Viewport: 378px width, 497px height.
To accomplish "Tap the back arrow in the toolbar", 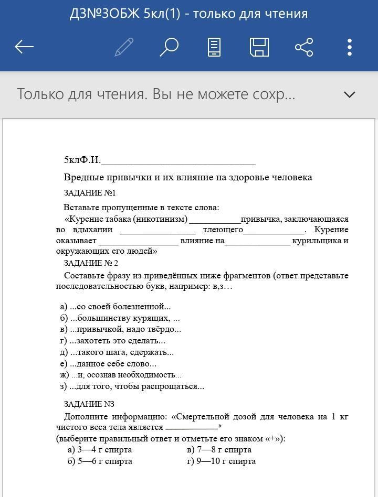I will tap(24, 47).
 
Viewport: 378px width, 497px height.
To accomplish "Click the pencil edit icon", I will tap(124, 47).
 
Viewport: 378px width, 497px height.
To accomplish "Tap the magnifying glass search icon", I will tap(169, 47).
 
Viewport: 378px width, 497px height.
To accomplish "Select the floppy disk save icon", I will tap(259, 47).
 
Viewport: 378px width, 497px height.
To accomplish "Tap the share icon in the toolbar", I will tap(304, 47).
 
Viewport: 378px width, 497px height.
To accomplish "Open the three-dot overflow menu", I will tap(350, 47).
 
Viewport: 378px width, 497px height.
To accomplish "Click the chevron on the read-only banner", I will tap(349, 95).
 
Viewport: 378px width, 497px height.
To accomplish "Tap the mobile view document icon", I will tap(214, 47).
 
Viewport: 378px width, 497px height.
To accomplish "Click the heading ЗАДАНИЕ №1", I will tap(90, 193).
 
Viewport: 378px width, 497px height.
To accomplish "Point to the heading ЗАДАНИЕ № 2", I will tap(91, 263).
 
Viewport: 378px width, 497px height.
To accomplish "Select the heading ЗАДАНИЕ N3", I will tap(89, 404).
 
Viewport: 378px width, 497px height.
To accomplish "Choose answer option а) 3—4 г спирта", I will tap(100, 450).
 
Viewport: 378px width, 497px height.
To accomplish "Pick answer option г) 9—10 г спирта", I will tap(221, 461).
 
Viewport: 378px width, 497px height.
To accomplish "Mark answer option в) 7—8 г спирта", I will tap(219, 450).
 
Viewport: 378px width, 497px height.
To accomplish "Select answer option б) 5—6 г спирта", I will tap(100, 461).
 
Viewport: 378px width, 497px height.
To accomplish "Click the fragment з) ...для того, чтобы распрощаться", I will tap(132, 386).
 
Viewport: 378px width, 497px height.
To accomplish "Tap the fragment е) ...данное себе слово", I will tap(108, 363).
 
